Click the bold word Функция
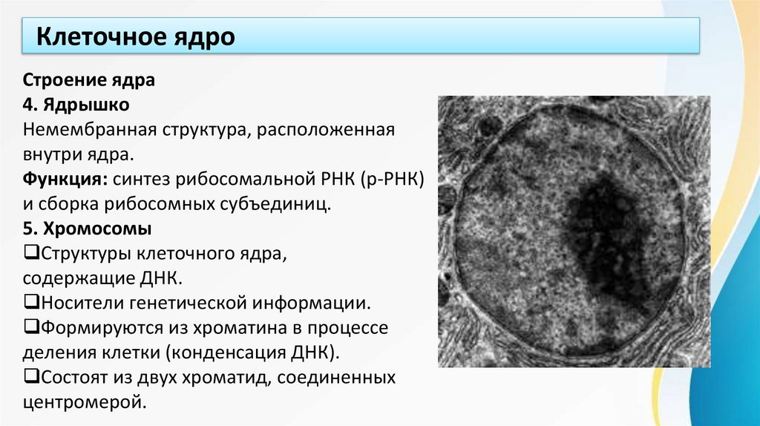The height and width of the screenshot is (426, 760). tap(63, 179)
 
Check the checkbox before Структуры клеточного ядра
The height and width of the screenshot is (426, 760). tap(30, 252)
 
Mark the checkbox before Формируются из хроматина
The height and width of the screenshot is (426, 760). tap(30, 327)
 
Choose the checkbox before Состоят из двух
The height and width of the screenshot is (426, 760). tap(30, 376)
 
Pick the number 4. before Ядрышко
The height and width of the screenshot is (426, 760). tap(28, 105)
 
